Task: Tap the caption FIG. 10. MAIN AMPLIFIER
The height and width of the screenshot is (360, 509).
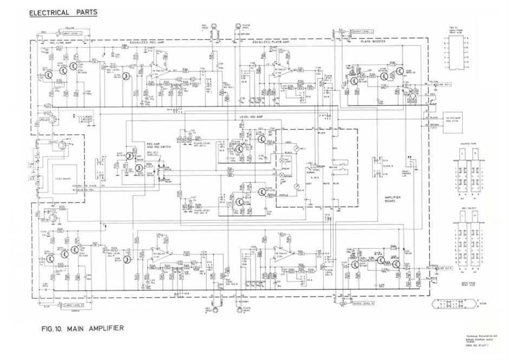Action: pyautogui.click(x=83, y=328)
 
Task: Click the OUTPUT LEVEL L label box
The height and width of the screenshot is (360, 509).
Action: pyautogui.click(x=363, y=31)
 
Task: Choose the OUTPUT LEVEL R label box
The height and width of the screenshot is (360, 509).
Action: pyautogui.click(x=363, y=303)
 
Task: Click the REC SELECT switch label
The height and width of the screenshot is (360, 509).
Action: pyautogui.click(x=467, y=208)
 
